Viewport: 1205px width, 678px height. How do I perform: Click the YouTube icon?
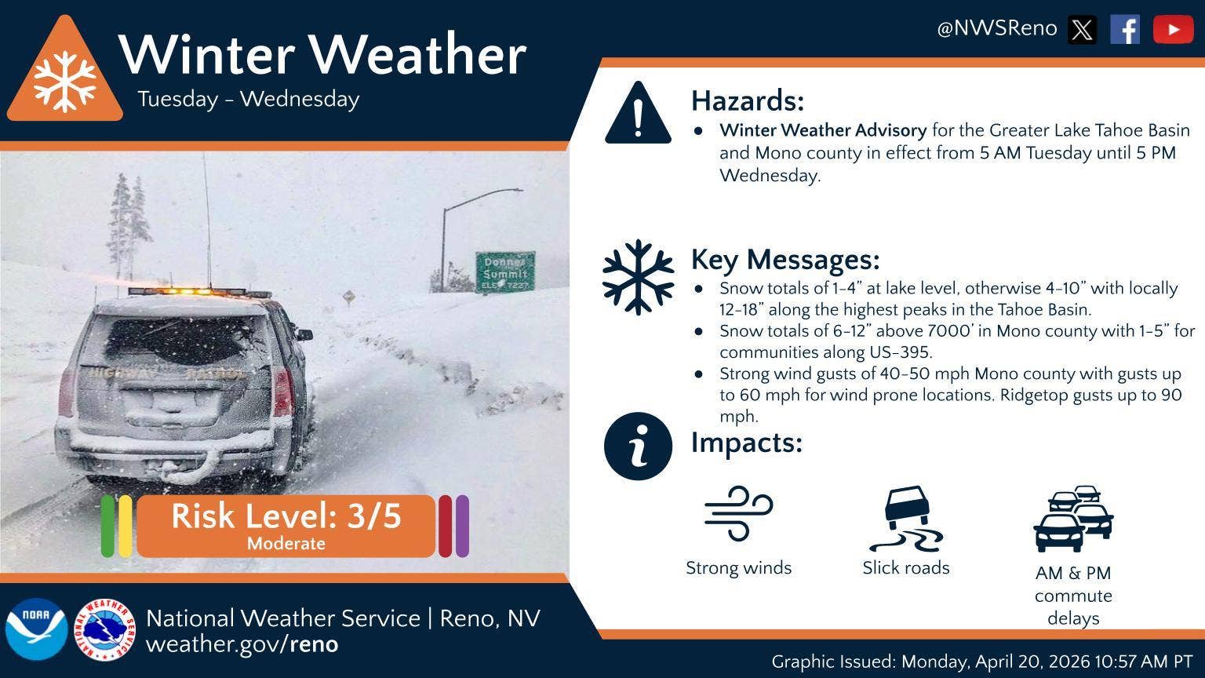(x=1174, y=29)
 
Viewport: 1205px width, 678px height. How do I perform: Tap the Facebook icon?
(x=1125, y=29)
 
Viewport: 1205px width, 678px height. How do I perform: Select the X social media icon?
(x=1082, y=29)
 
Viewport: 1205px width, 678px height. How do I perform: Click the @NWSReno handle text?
(x=997, y=28)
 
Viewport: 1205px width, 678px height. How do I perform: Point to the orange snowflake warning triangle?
(x=65, y=73)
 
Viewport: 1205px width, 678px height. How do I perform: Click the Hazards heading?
(x=748, y=100)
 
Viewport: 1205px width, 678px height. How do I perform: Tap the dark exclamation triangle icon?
(x=638, y=114)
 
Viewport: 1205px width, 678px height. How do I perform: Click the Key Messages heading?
(x=785, y=260)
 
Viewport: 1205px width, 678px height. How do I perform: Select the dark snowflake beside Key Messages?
(x=638, y=277)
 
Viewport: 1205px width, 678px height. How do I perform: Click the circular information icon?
(x=638, y=446)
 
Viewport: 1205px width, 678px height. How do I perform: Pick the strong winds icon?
(x=738, y=512)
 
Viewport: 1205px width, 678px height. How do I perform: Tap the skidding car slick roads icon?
(x=906, y=519)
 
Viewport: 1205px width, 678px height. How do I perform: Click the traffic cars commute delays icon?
(x=1073, y=519)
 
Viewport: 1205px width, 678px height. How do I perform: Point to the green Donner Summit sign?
(x=505, y=272)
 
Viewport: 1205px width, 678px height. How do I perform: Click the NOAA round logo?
(x=37, y=629)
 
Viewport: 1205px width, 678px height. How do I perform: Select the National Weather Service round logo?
(x=104, y=629)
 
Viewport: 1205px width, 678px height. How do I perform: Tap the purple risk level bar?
(x=462, y=527)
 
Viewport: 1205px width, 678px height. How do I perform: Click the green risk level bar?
(x=107, y=527)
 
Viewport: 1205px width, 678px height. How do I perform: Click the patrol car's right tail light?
(x=283, y=393)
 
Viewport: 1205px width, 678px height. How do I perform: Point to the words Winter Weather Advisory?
(x=823, y=130)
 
